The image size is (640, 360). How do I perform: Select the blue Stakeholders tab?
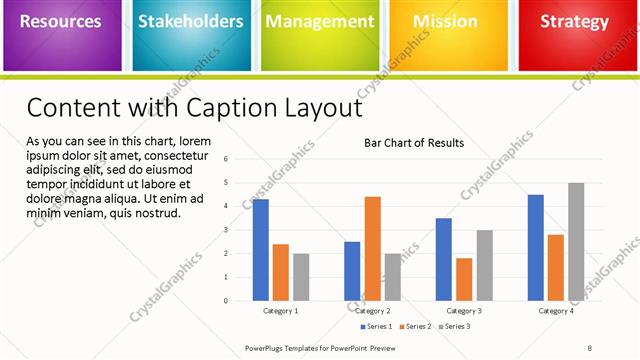[x=190, y=22]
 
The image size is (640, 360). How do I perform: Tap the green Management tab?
[x=319, y=22]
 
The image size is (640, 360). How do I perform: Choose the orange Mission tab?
[x=445, y=22]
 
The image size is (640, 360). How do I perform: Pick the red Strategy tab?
[x=574, y=22]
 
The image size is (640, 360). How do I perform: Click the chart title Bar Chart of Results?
[x=413, y=143]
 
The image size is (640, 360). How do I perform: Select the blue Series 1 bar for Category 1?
[x=260, y=250]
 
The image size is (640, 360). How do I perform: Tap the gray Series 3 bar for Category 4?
[x=576, y=241]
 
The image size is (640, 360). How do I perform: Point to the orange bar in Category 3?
[x=464, y=279]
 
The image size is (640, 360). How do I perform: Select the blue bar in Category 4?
[x=536, y=247]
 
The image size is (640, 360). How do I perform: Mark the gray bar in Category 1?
[x=301, y=277]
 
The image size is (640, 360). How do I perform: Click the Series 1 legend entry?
[x=377, y=327]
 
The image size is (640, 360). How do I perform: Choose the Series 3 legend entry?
[x=455, y=327]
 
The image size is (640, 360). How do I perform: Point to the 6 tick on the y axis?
[x=227, y=159]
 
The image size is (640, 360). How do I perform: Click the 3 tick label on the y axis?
[x=227, y=230]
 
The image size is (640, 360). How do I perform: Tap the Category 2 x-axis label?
[x=372, y=311]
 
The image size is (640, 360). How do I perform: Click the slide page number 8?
[x=590, y=348]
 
